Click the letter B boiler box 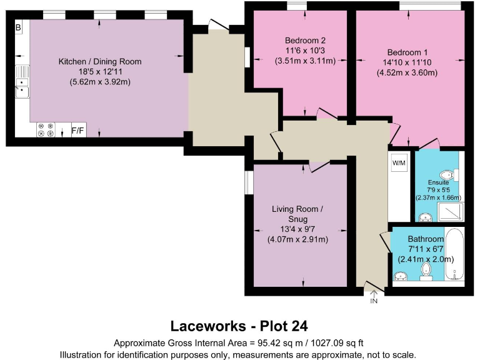click(x=19, y=27)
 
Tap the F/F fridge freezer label click(x=78, y=131)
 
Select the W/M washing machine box click(x=399, y=164)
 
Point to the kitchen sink click(x=22, y=87)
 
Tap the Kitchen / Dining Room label click(x=100, y=61)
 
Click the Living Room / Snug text click(x=297, y=214)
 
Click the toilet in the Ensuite click(x=446, y=174)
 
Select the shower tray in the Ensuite click(x=450, y=212)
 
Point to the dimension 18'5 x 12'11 click(x=100, y=72)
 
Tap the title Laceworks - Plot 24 click(x=239, y=326)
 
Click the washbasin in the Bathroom click(x=401, y=275)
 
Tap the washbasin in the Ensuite click(x=426, y=217)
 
